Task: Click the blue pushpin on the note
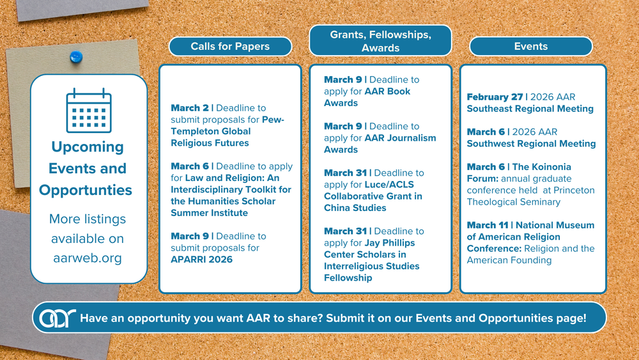[76, 57]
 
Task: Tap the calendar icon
[89, 111]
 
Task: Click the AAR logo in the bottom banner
[58, 318]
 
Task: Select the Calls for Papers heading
[230, 47]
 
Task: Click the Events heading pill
[530, 47]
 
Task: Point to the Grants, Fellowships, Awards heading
[381, 41]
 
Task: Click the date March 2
[190, 108]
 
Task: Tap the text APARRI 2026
[202, 260]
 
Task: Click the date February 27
[495, 97]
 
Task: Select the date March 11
[488, 225]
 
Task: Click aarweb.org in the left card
[88, 258]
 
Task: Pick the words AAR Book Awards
[367, 97]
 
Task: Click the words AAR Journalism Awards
[380, 143]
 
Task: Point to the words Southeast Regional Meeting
[530, 109]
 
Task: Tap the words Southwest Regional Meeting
[532, 144]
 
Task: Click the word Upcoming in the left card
[88, 147]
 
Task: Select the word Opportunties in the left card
[86, 190]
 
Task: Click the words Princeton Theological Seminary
[531, 196]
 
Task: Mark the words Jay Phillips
[390, 243]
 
